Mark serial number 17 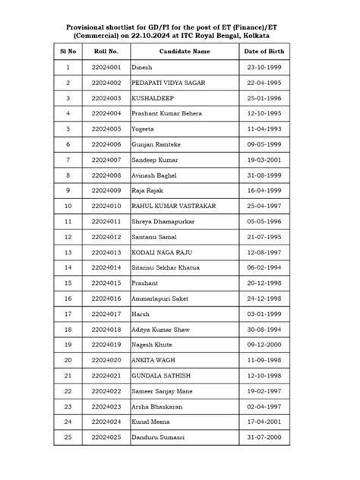click(x=68, y=314)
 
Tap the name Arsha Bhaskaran click(x=159, y=406)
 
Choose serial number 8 click(x=68, y=175)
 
